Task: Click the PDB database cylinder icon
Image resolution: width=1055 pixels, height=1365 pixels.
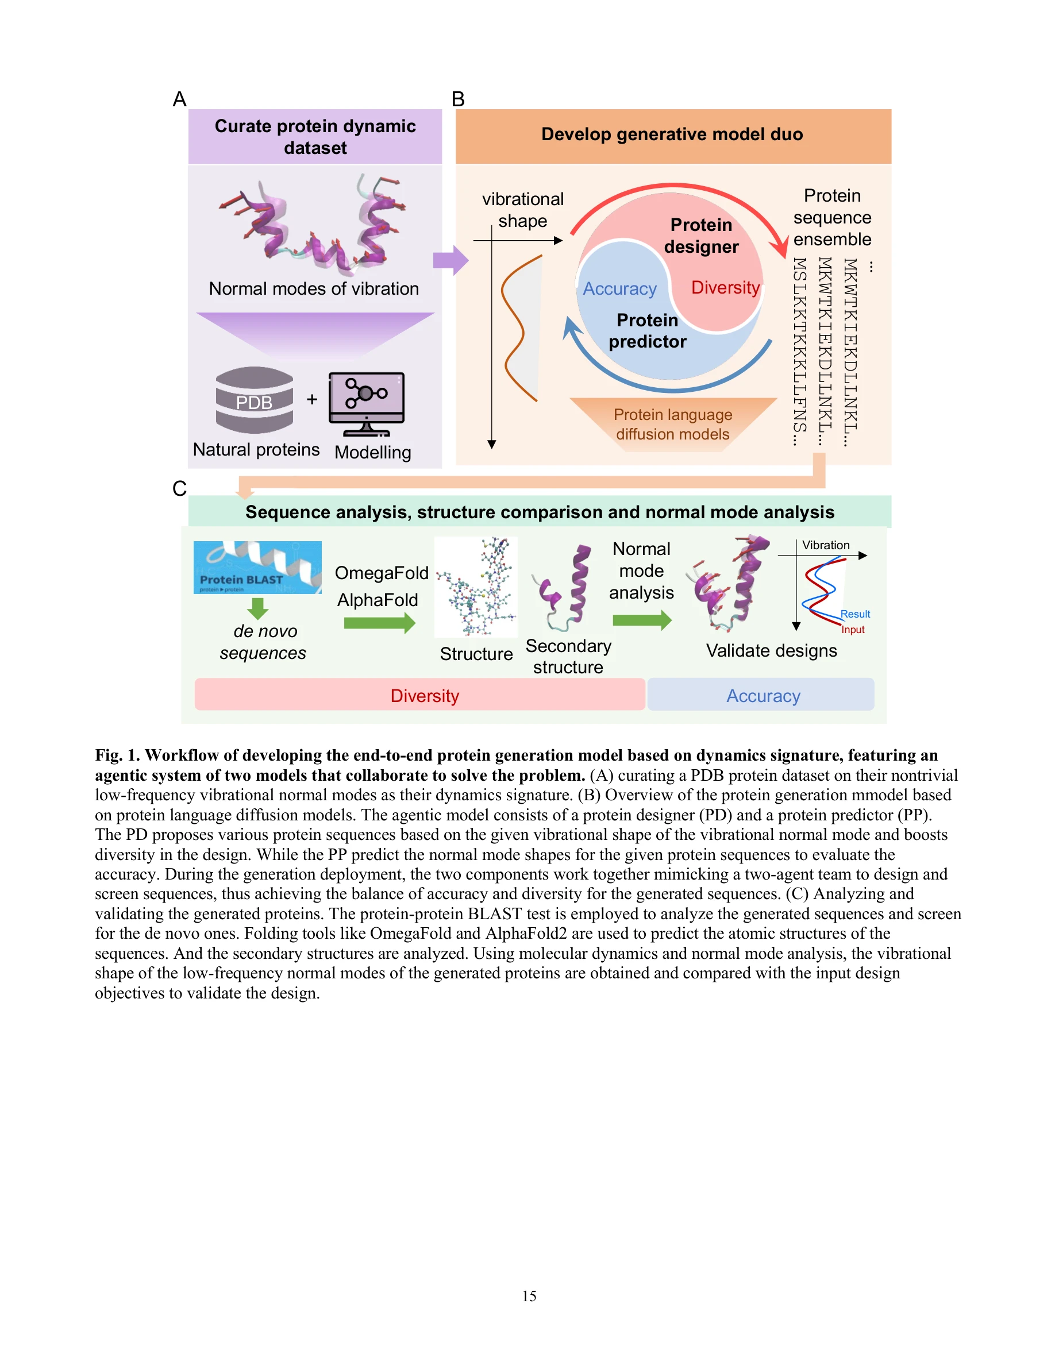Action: (254, 400)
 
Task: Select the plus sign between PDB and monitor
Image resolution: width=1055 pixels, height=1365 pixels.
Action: (312, 399)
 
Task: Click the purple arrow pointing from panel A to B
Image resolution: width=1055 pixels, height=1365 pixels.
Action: (450, 260)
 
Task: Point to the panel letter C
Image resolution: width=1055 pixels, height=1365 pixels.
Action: (179, 489)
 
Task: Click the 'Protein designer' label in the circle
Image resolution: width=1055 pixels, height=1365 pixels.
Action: (701, 236)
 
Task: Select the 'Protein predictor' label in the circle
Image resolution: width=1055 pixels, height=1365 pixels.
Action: (648, 331)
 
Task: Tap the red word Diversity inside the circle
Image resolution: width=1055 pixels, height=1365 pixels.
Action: (725, 287)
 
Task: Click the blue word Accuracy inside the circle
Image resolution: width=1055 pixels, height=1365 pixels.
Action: (619, 289)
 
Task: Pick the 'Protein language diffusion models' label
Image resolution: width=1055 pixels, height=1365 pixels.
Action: (672, 425)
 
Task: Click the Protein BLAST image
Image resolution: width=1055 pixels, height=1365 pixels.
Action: (257, 568)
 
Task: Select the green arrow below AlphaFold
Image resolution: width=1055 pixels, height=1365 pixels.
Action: (379, 623)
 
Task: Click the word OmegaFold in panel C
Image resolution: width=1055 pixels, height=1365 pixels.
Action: (381, 573)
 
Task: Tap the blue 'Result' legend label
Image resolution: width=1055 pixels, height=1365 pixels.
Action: (855, 614)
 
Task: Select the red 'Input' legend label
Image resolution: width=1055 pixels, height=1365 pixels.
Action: (853, 630)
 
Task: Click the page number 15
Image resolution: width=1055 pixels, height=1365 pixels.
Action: (529, 1295)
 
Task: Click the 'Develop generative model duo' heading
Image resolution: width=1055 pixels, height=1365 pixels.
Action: (672, 134)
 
